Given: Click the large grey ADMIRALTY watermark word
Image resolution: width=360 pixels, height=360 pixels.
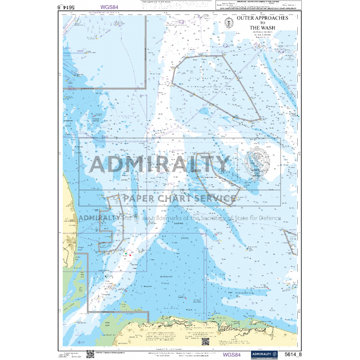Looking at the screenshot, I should [159, 165].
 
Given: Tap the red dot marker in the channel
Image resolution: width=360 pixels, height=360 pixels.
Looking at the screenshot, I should [130, 255].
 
